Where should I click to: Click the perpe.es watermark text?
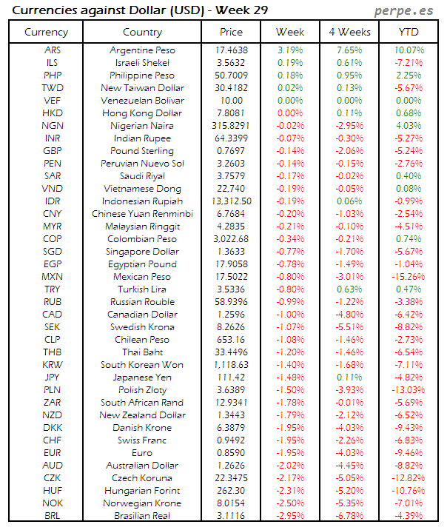coord(403,11)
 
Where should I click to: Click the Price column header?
coord(231,32)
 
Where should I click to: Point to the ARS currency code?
coord(53,50)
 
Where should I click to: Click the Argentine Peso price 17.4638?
coord(231,50)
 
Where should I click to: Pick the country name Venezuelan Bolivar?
coord(142,101)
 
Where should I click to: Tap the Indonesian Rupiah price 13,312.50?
coord(231,201)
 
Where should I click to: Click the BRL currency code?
coord(53,516)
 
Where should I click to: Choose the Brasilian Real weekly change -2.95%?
coord(290,516)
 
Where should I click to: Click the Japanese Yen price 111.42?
coord(231,378)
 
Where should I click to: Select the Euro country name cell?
coord(142,453)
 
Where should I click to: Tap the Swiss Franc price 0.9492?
coord(231,440)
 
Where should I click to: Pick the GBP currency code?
coord(53,151)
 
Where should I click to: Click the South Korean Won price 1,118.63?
coord(231,365)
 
